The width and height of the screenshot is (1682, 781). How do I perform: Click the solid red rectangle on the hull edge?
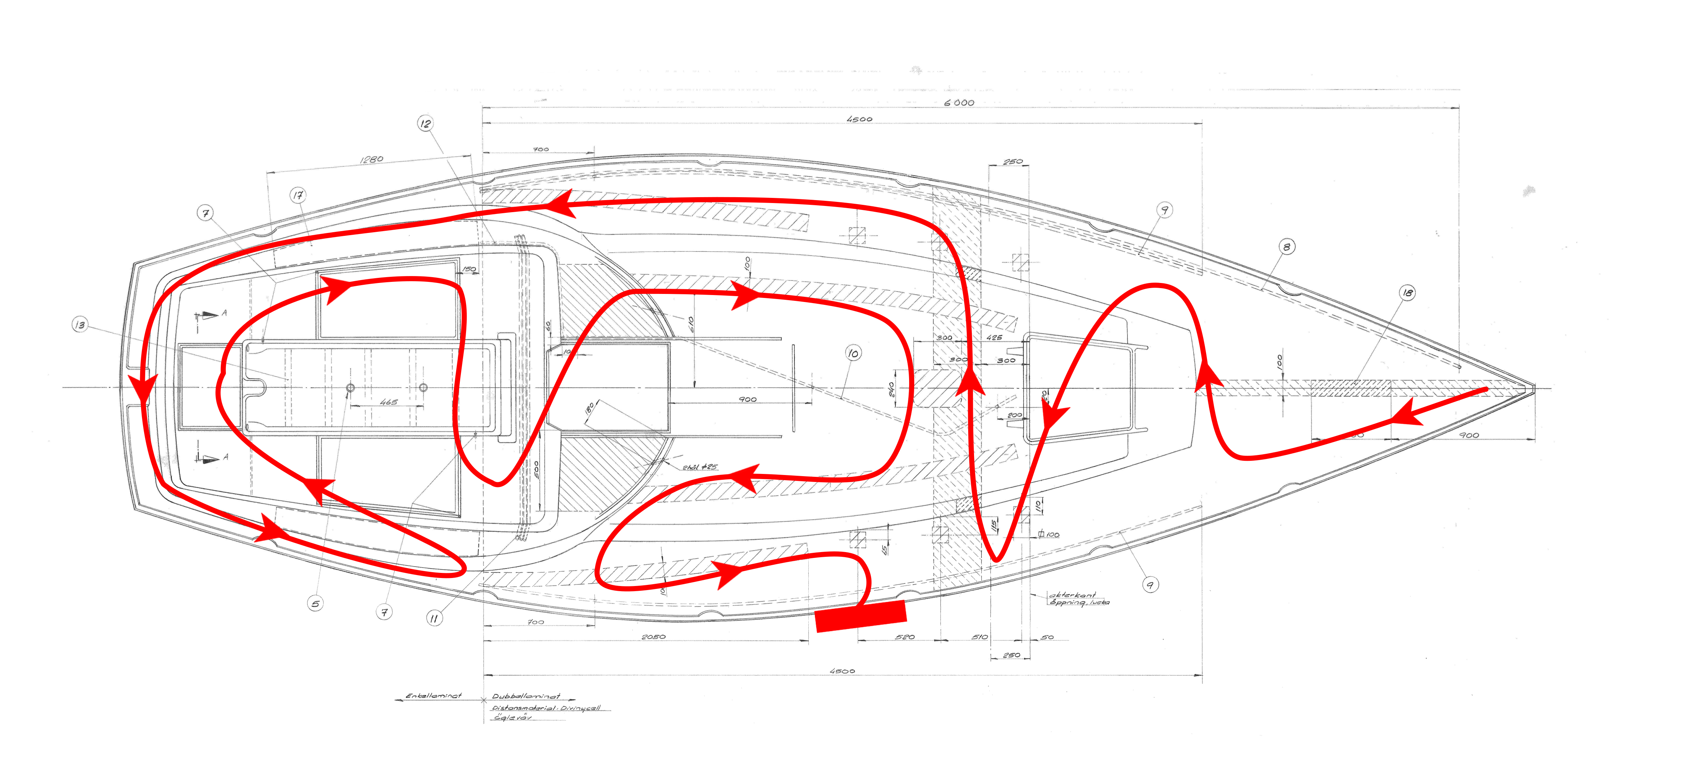click(861, 616)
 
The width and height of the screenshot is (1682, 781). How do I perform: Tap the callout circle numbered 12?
click(425, 123)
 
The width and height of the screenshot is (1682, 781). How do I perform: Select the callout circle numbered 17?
click(298, 195)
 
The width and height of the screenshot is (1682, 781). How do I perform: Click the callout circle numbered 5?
click(315, 604)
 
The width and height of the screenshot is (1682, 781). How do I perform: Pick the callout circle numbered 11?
click(434, 618)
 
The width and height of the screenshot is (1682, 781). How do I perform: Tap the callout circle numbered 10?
click(853, 353)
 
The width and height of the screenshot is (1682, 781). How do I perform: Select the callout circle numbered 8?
click(1286, 247)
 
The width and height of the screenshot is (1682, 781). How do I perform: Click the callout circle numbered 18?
click(1407, 292)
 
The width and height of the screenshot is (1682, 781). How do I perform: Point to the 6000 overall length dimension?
click(959, 103)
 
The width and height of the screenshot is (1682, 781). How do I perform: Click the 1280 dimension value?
click(372, 159)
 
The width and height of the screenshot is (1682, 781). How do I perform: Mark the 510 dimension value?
click(979, 637)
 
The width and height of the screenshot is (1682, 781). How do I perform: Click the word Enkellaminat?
click(434, 696)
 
